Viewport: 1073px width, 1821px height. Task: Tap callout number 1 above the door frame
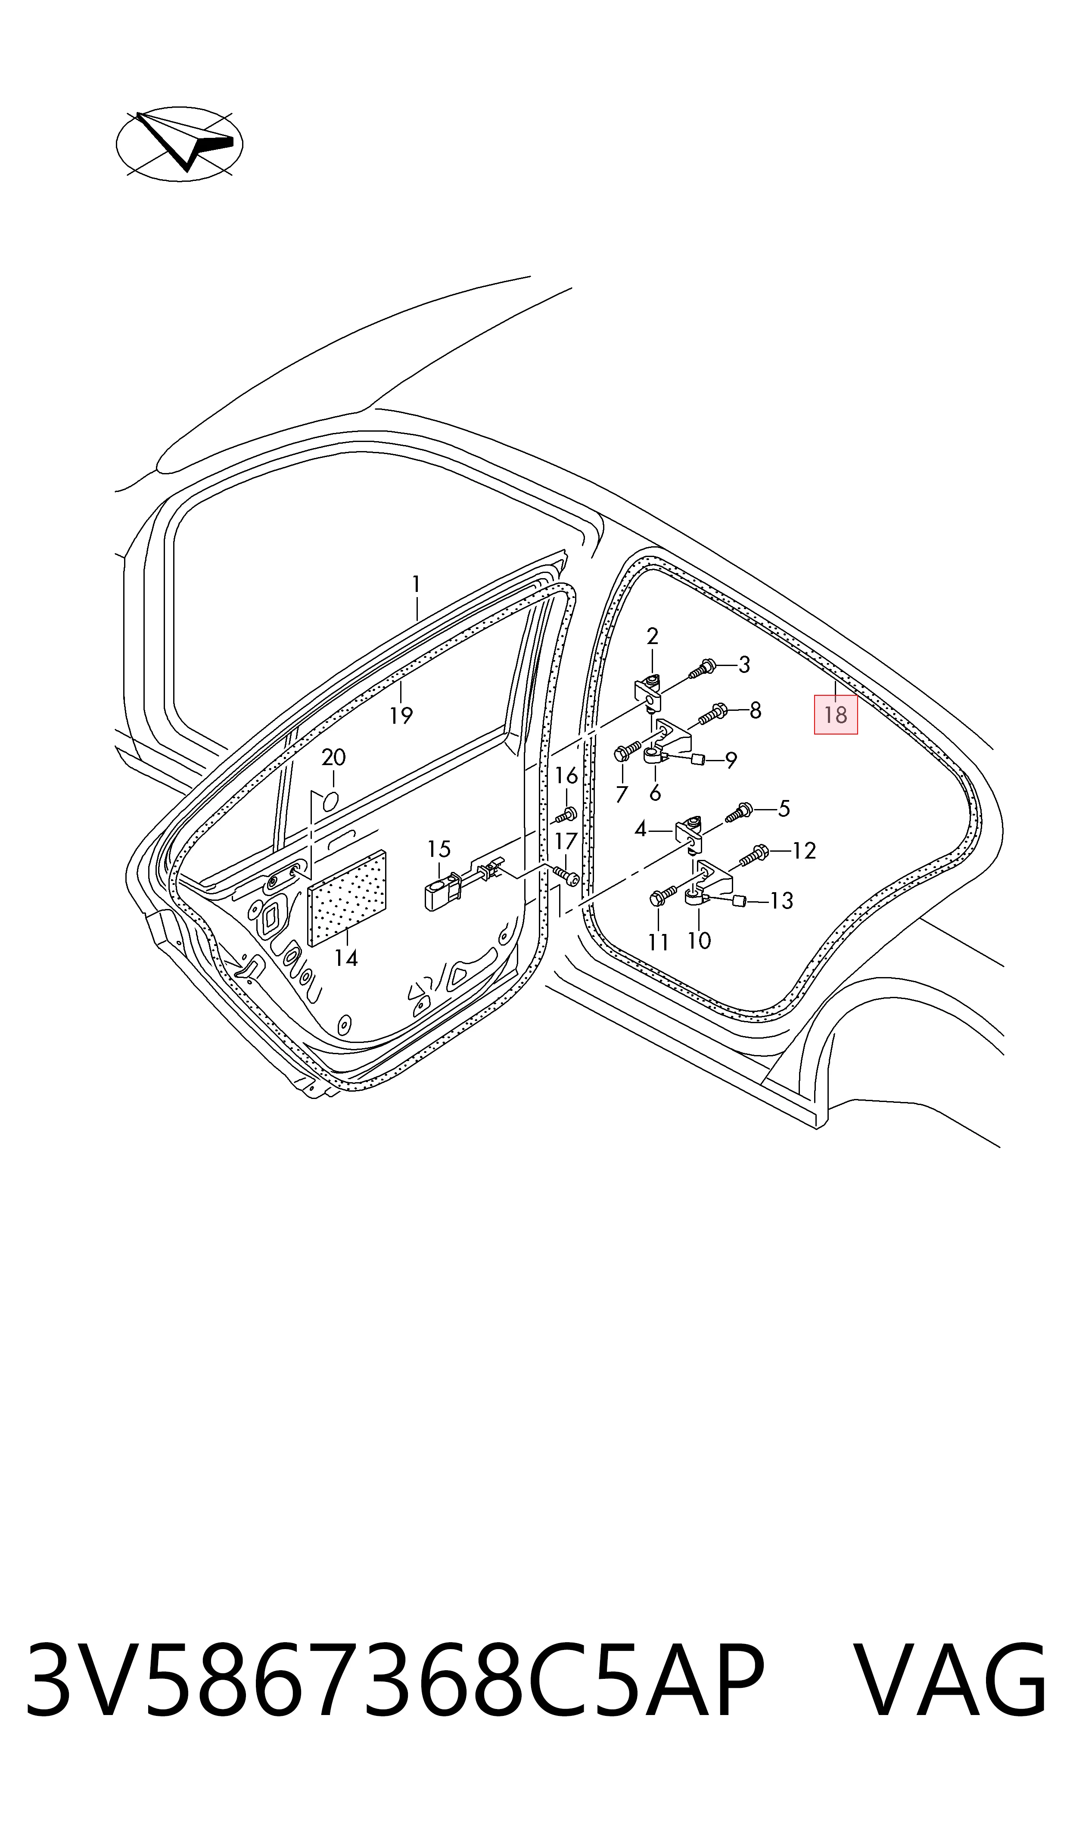(x=416, y=583)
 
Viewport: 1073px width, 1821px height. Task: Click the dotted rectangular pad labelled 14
(x=347, y=898)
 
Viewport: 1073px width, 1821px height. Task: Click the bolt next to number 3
(x=701, y=669)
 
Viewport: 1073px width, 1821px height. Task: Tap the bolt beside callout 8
(x=712, y=714)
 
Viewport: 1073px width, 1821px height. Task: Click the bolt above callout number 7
(x=627, y=750)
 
